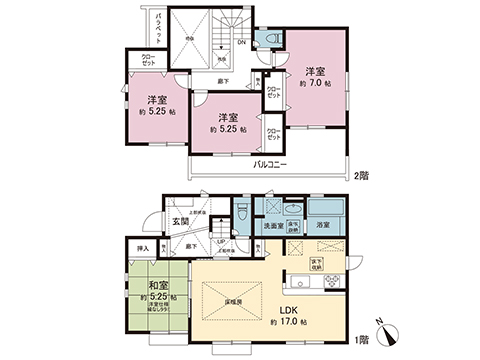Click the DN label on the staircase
[240, 41]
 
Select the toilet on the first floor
[241, 213]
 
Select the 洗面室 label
[273, 227]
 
